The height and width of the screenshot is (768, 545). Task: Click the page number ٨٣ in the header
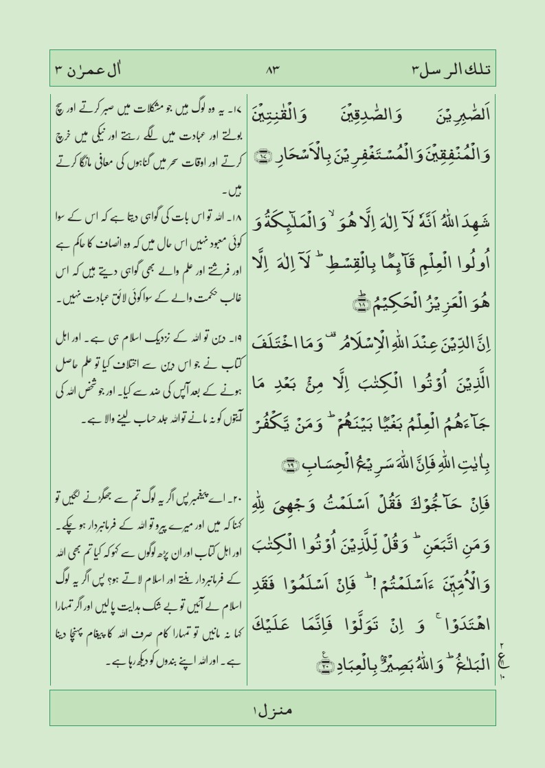click(x=272, y=69)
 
